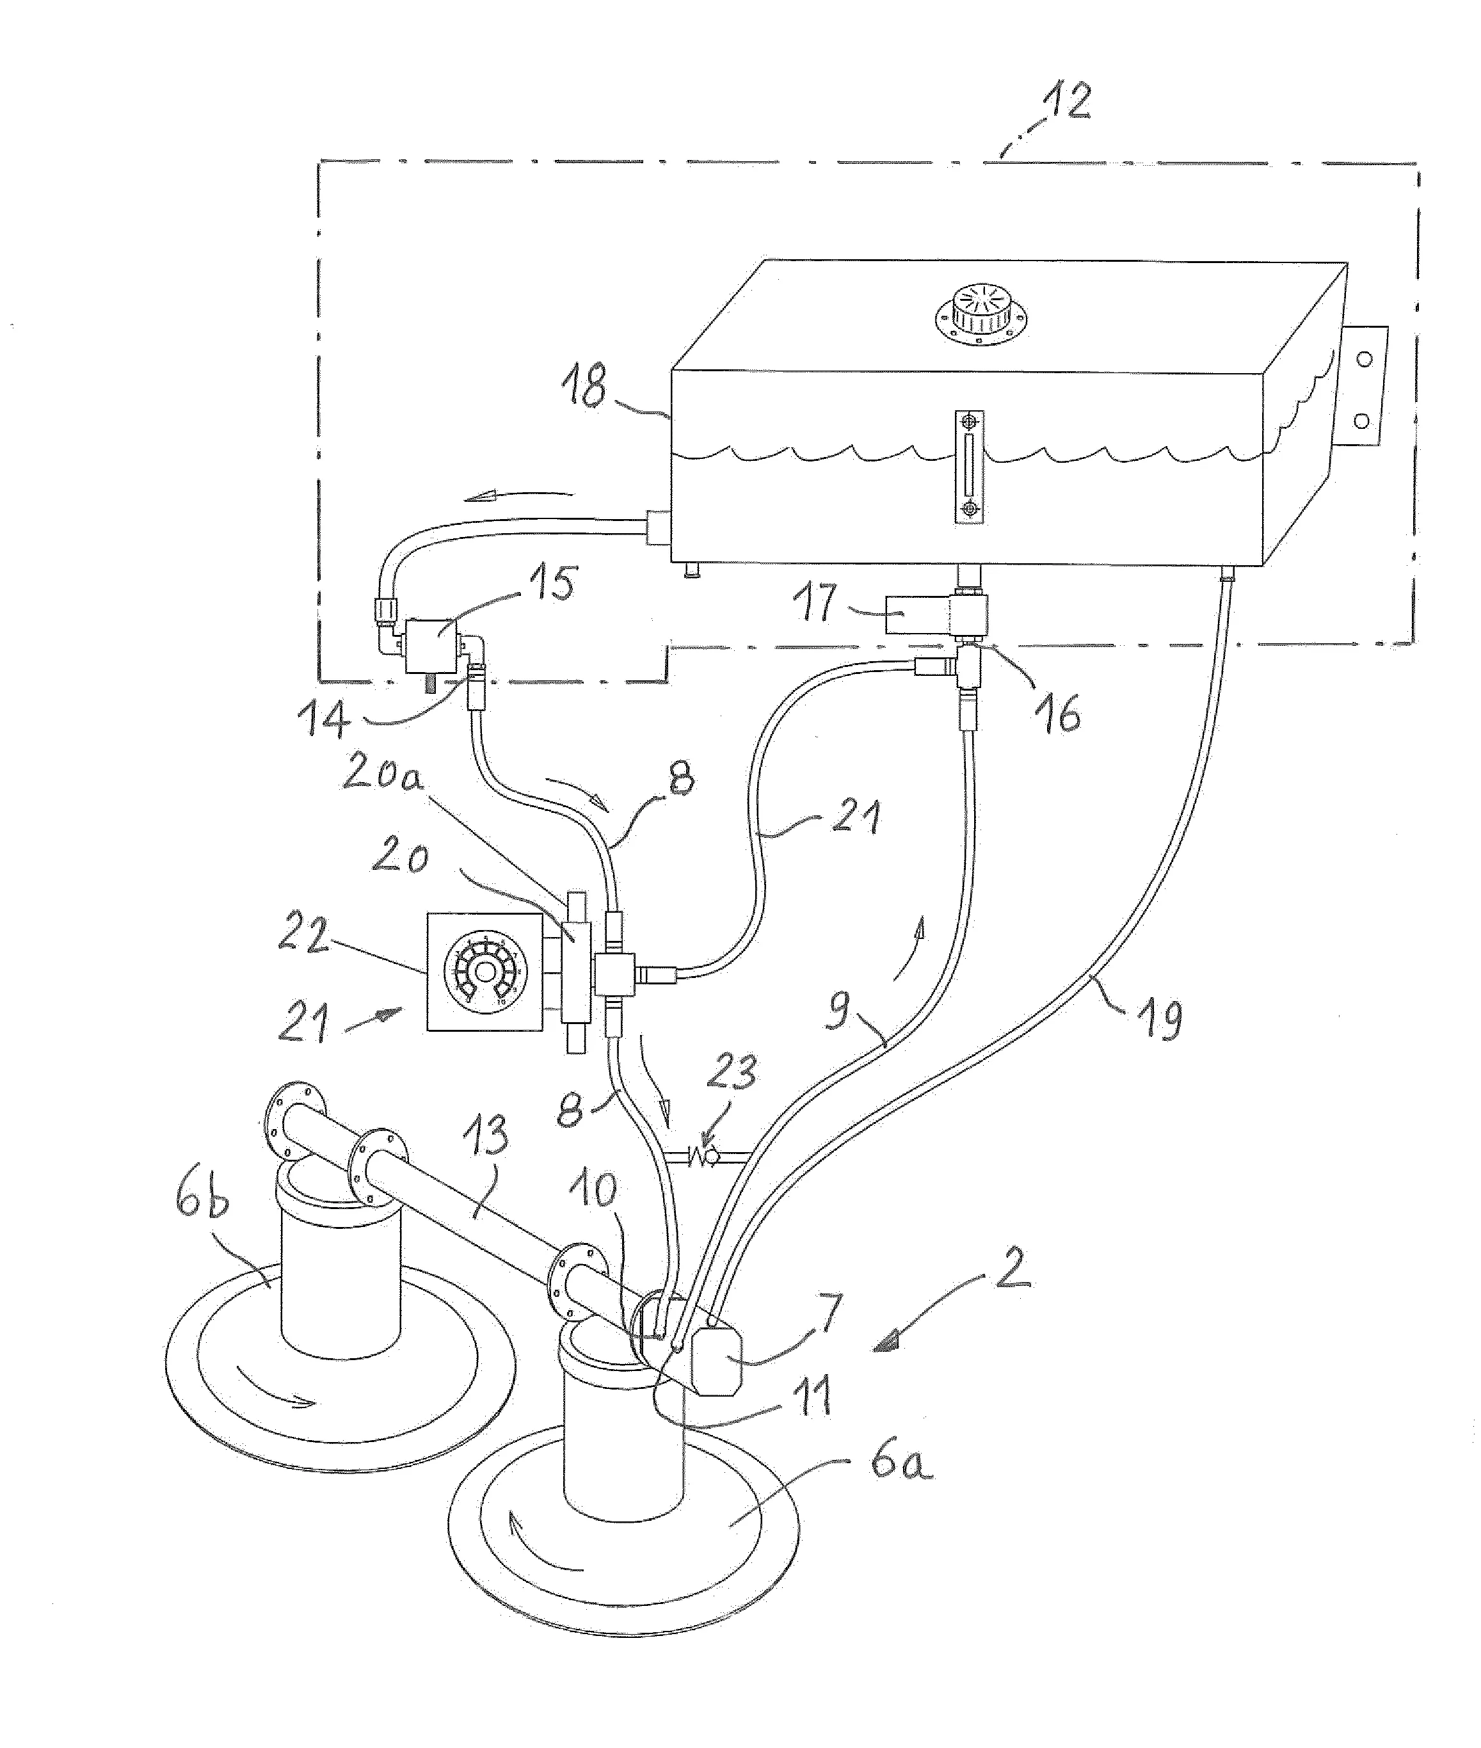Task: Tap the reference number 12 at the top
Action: point(1066,102)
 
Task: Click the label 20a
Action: point(382,774)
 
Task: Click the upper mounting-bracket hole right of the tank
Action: point(1365,359)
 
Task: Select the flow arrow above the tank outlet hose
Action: point(520,495)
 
